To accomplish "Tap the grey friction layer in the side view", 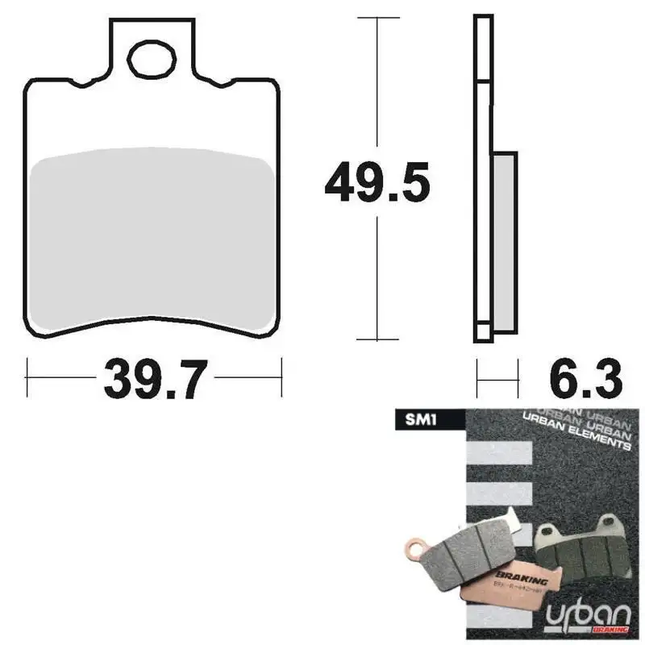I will [x=504, y=241].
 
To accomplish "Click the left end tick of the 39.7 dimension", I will [x=27, y=373].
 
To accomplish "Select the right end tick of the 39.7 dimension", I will [x=281, y=373].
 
